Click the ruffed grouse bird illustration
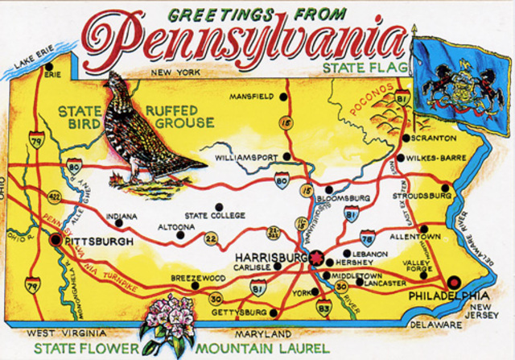pos(149,129)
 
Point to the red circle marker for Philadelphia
pos(452,283)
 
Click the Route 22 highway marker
pos(211,238)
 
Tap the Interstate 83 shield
pos(323,306)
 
